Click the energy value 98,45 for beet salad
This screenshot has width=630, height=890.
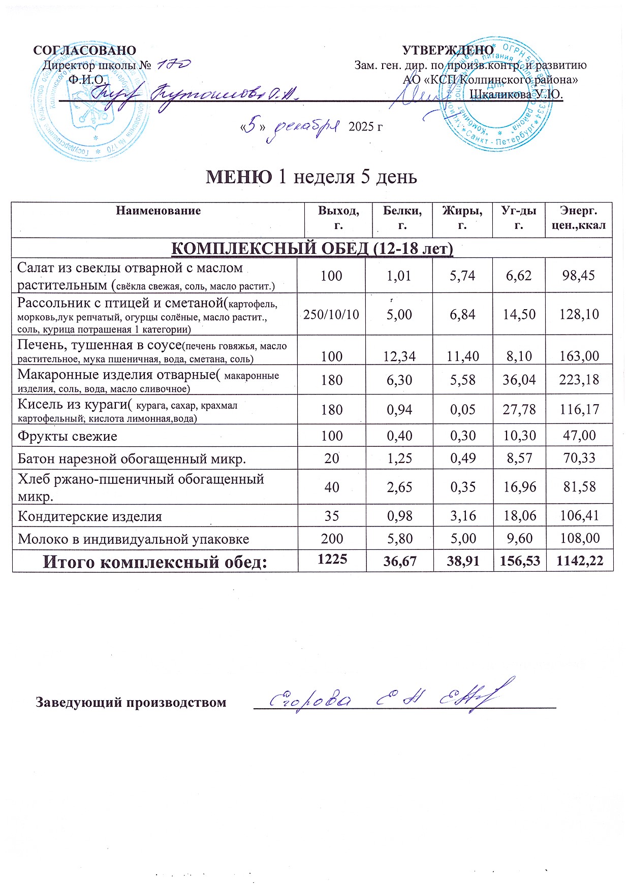coord(579,276)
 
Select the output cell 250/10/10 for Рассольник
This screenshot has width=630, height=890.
coord(331,314)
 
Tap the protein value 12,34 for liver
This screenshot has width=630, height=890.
coord(399,356)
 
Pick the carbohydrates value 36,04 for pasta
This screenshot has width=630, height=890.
coord(519,380)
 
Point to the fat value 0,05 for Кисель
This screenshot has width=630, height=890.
coord(462,409)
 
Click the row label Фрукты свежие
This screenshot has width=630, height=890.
coord(68,436)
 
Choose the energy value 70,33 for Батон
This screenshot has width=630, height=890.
coord(579,458)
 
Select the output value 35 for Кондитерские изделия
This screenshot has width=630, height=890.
coord(332,516)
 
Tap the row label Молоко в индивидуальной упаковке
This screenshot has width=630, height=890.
coord(134,539)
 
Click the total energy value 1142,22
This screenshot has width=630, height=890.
coord(580,561)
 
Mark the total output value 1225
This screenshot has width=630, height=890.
coord(332,559)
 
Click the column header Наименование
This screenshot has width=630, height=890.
coord(159,211)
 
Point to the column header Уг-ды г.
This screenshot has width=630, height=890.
coord(519,218)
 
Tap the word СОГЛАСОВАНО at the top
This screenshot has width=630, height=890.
coord(85,50)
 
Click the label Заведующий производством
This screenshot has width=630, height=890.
coord(131,703)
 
